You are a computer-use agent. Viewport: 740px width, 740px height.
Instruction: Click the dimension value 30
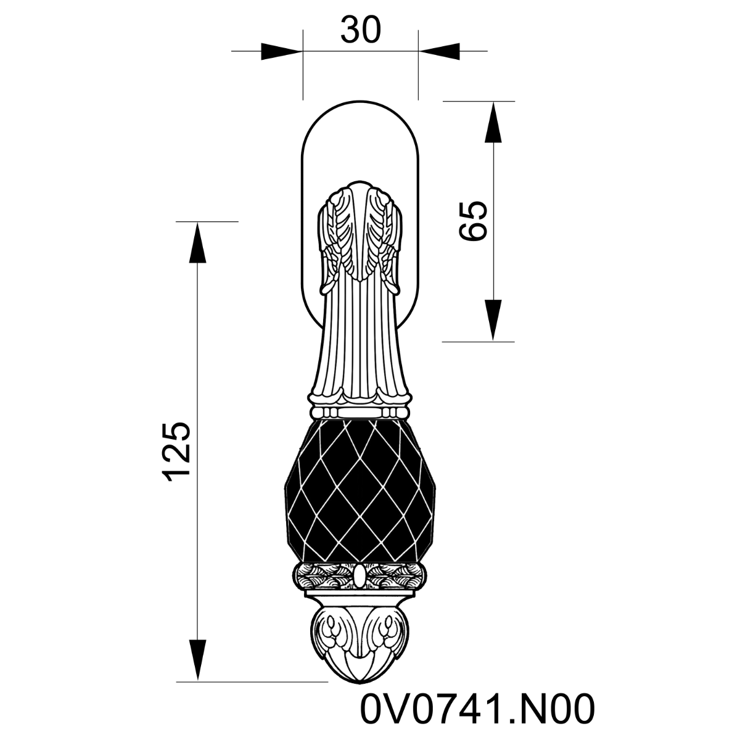click(x=361, y=30)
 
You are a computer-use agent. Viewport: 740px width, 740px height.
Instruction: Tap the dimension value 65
click(x=474, y=221)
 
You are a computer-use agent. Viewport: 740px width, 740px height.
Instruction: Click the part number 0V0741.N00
click(x=477, y=709)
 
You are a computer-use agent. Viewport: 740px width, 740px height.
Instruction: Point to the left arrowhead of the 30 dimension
click(x=281, y=51)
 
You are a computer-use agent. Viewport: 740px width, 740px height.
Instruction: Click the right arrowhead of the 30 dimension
click(x=439, y=51)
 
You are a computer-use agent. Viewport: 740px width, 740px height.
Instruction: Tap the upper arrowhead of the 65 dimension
click(x=493, y=122)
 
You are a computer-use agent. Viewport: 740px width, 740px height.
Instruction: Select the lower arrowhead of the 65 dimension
click(x=493, y=320)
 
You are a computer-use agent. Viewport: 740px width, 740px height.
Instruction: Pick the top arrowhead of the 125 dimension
click(x=198, y=243)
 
